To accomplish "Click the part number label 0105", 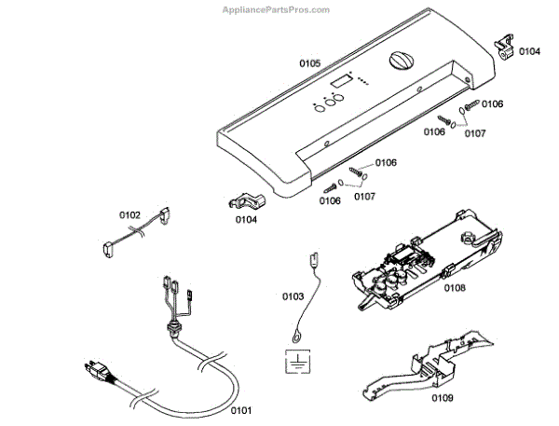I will point(310,63).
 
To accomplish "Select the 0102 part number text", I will point(130,214).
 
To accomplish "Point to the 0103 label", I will point(293,296).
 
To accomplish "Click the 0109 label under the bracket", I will point(443,398).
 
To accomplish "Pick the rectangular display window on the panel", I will point(342,82).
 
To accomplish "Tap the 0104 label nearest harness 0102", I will point(246,220).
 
